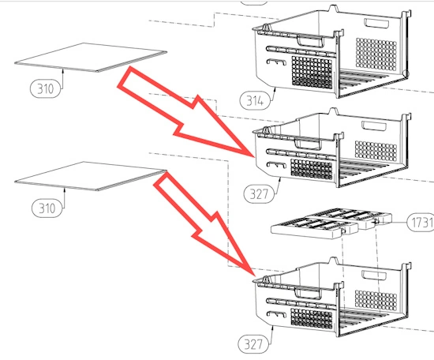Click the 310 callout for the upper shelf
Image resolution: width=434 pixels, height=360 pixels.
click(45, 88)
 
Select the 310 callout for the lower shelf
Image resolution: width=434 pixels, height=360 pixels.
click(47, 208)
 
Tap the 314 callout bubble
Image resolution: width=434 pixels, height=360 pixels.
click(255, 100)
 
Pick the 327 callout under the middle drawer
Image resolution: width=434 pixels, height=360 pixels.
click(259, 194)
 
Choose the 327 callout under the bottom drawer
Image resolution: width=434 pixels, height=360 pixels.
click(253, 344)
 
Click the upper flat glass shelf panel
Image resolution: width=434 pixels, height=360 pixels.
click(91, 58)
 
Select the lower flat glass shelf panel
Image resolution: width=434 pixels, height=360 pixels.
click(91, 176)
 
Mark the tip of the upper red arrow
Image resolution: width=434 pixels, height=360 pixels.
click(254, 157)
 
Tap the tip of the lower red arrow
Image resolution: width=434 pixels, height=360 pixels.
click(254, 276)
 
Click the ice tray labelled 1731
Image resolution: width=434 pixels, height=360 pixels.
click(331, 223)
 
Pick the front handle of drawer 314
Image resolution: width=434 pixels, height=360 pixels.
click(311, 41)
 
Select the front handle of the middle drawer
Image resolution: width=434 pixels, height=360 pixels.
click(308, 144)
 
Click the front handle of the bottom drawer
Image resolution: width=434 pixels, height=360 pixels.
click(308, 293)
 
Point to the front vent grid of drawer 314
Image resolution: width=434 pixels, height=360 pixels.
click(312, 73)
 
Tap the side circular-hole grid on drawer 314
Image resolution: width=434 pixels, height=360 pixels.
click(376, 54)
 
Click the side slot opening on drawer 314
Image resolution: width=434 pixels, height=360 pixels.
click(376, 23)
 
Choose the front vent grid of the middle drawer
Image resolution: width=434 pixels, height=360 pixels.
click(312, 169)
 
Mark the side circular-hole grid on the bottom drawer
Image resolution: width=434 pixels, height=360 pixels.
click(376, 300)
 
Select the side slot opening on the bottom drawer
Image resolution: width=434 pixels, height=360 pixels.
click(374, 276)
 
